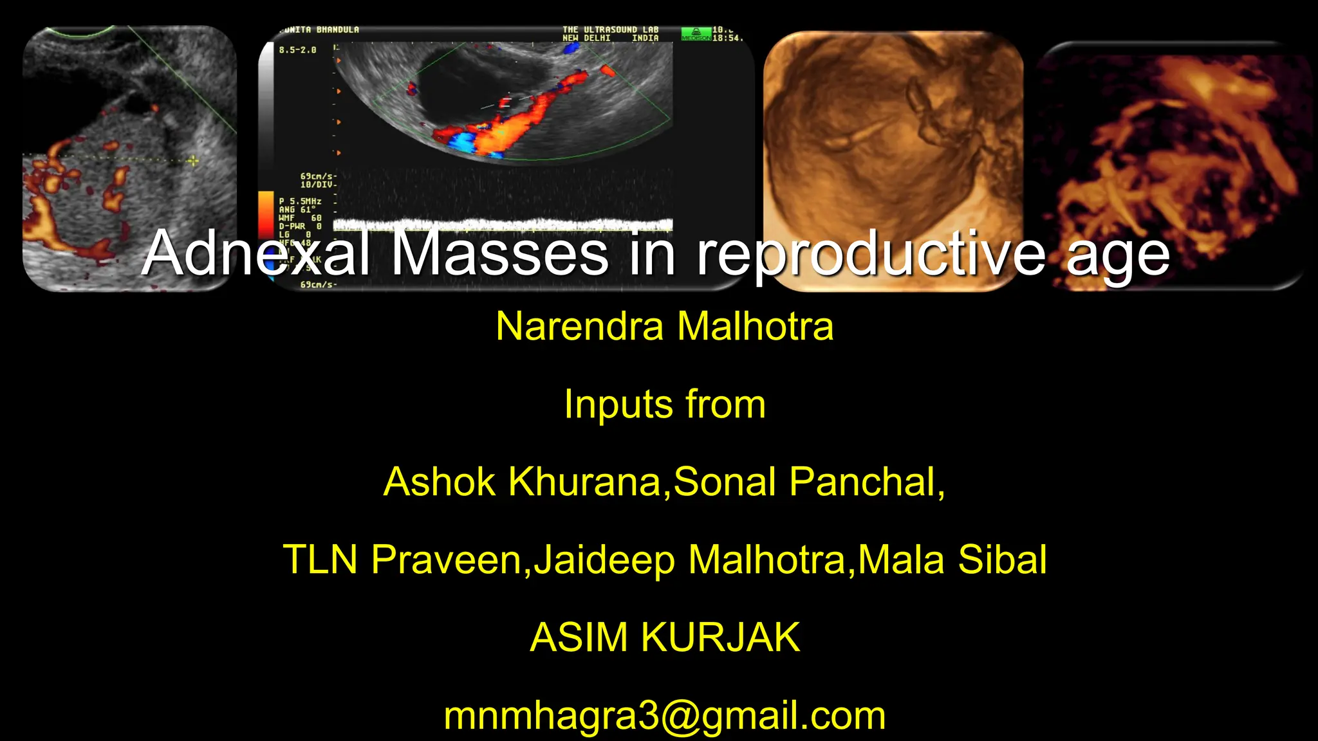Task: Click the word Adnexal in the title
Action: coord(255,253)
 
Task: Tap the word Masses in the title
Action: coord(499,253)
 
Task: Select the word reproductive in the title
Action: coord(872,255)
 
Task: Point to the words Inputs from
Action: coord(665,404)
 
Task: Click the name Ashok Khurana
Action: coord(522,482)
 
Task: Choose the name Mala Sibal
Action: coord(952,559)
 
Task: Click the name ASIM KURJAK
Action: coord(665,637)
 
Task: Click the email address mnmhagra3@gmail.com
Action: coord(665,715)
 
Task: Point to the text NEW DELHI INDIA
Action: coord(610,39)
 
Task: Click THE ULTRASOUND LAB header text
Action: coord(610,30)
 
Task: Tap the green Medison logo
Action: coord(696,34)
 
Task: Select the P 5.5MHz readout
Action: coord(300,201)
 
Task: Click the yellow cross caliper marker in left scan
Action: coord(193,160)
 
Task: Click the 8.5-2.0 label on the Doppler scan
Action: coord(297,50)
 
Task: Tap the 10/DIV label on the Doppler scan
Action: coord(317,185)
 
